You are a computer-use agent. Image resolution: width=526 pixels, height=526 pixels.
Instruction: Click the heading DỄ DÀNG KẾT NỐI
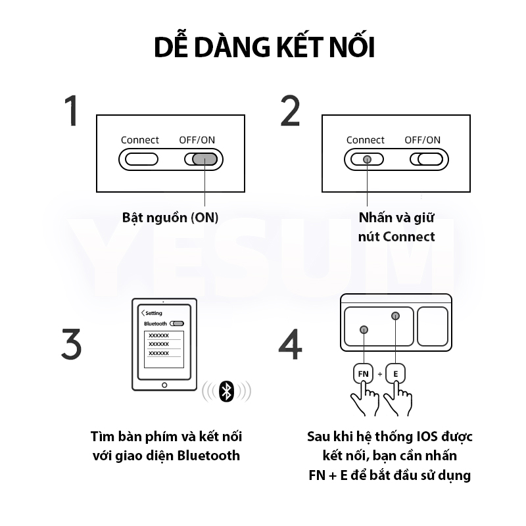click(x=264, y=48)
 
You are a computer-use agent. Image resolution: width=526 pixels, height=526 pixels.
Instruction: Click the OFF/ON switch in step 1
click(x=204, y=159)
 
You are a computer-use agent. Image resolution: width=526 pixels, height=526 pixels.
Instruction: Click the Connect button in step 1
click(x=141, y=159)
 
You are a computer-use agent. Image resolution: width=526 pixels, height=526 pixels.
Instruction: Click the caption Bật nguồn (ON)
click(x=170, y=218)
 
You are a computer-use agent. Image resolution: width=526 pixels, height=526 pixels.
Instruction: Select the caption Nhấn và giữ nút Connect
click(x=396, y=227)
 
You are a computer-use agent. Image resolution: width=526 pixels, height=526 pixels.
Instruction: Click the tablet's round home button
click(x=164, y=385)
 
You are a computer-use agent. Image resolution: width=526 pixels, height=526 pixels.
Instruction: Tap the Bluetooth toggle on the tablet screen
click(x=177, y=324)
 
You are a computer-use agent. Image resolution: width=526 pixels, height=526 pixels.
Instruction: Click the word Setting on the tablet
click(x=153, y=314)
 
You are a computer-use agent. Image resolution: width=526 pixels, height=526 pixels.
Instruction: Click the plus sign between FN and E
click(x=380, y=374)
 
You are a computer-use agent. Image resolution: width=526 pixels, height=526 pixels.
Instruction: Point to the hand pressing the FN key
click(x=366, y=400)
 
